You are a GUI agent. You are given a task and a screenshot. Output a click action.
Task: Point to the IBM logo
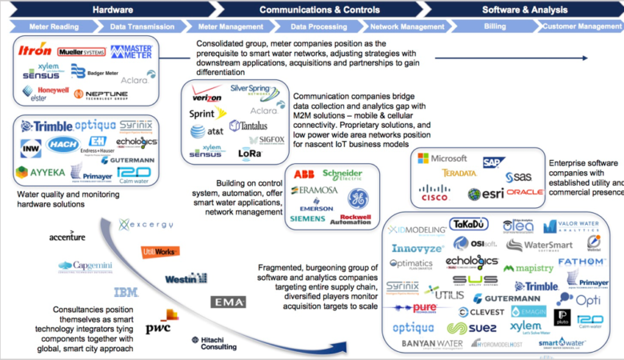point(125,293)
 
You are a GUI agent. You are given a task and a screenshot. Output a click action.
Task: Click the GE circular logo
point(356,198)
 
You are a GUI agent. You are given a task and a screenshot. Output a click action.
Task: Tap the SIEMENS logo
point(307,218)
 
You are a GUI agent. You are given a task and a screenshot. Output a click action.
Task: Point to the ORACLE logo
point(524,193)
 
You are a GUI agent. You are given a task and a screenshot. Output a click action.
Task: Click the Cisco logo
point(435,193)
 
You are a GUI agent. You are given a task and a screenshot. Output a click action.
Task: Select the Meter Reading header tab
point(54,26)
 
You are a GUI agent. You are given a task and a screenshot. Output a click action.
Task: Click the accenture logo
point(66,237)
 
